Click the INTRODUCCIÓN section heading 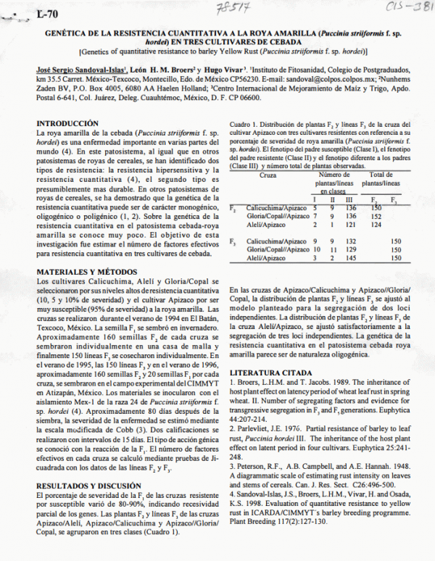[67, 123]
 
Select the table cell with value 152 [376, 216]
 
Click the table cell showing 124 [376, 225]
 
